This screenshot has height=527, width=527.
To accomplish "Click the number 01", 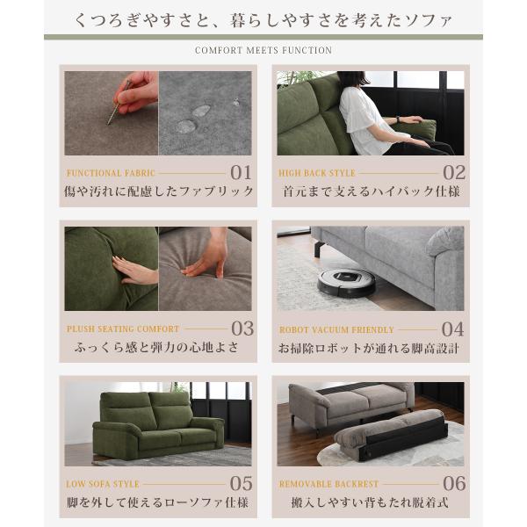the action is coord(241,173).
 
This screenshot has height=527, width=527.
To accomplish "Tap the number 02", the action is coord(454,173).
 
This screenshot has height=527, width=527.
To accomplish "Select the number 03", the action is coord(242,328).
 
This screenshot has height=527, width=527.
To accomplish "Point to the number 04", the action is coord(452,329).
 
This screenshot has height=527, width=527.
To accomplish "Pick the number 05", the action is coord(241,484).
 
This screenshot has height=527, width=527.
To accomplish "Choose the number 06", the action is coord(454,484).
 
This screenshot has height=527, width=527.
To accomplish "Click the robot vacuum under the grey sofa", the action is coord(347,283).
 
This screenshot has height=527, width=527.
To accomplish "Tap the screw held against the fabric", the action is coord(119,103).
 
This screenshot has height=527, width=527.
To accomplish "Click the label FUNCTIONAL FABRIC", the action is coord(111,173).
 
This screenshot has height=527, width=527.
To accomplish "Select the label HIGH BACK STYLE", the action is coord(316,173).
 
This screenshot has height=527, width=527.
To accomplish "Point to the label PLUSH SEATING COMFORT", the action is coord(123,328).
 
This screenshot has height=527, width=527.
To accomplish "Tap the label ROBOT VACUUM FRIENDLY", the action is coord(336,329).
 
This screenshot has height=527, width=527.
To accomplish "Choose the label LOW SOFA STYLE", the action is coord(103,484).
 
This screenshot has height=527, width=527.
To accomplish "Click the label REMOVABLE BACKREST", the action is coord(328,484).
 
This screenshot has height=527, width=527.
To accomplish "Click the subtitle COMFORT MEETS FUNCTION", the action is coord(263,50).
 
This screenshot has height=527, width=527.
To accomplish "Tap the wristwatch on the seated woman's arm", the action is coord(399,119).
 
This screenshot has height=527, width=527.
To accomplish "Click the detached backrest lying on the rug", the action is coord(391,435).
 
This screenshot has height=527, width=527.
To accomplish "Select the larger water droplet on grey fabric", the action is coord(186,126).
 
